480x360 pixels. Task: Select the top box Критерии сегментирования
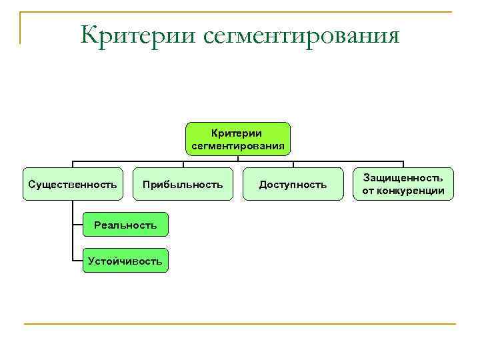click(237, 139)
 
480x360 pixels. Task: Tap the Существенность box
click(73, 184)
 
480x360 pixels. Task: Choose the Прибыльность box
click(183, 184)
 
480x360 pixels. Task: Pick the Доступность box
click(293, 184)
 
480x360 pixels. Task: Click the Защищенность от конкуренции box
click(403, 184)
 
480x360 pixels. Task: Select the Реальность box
click(125, 225)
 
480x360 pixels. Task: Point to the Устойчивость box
click(125, 261)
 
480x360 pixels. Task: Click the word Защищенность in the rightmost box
click(403, 178)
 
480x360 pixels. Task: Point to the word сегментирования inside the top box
click(237, 145)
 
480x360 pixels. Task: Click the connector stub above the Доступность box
click(293, 165)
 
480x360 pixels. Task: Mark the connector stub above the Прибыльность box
click(183, 165)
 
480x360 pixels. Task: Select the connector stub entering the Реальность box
click(77, 225)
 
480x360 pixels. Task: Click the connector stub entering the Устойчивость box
click(77, 261)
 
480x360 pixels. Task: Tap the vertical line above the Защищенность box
click(403, 165)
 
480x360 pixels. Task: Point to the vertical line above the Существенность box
click(73, 165)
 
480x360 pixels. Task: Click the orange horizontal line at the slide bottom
click(240, 324)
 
